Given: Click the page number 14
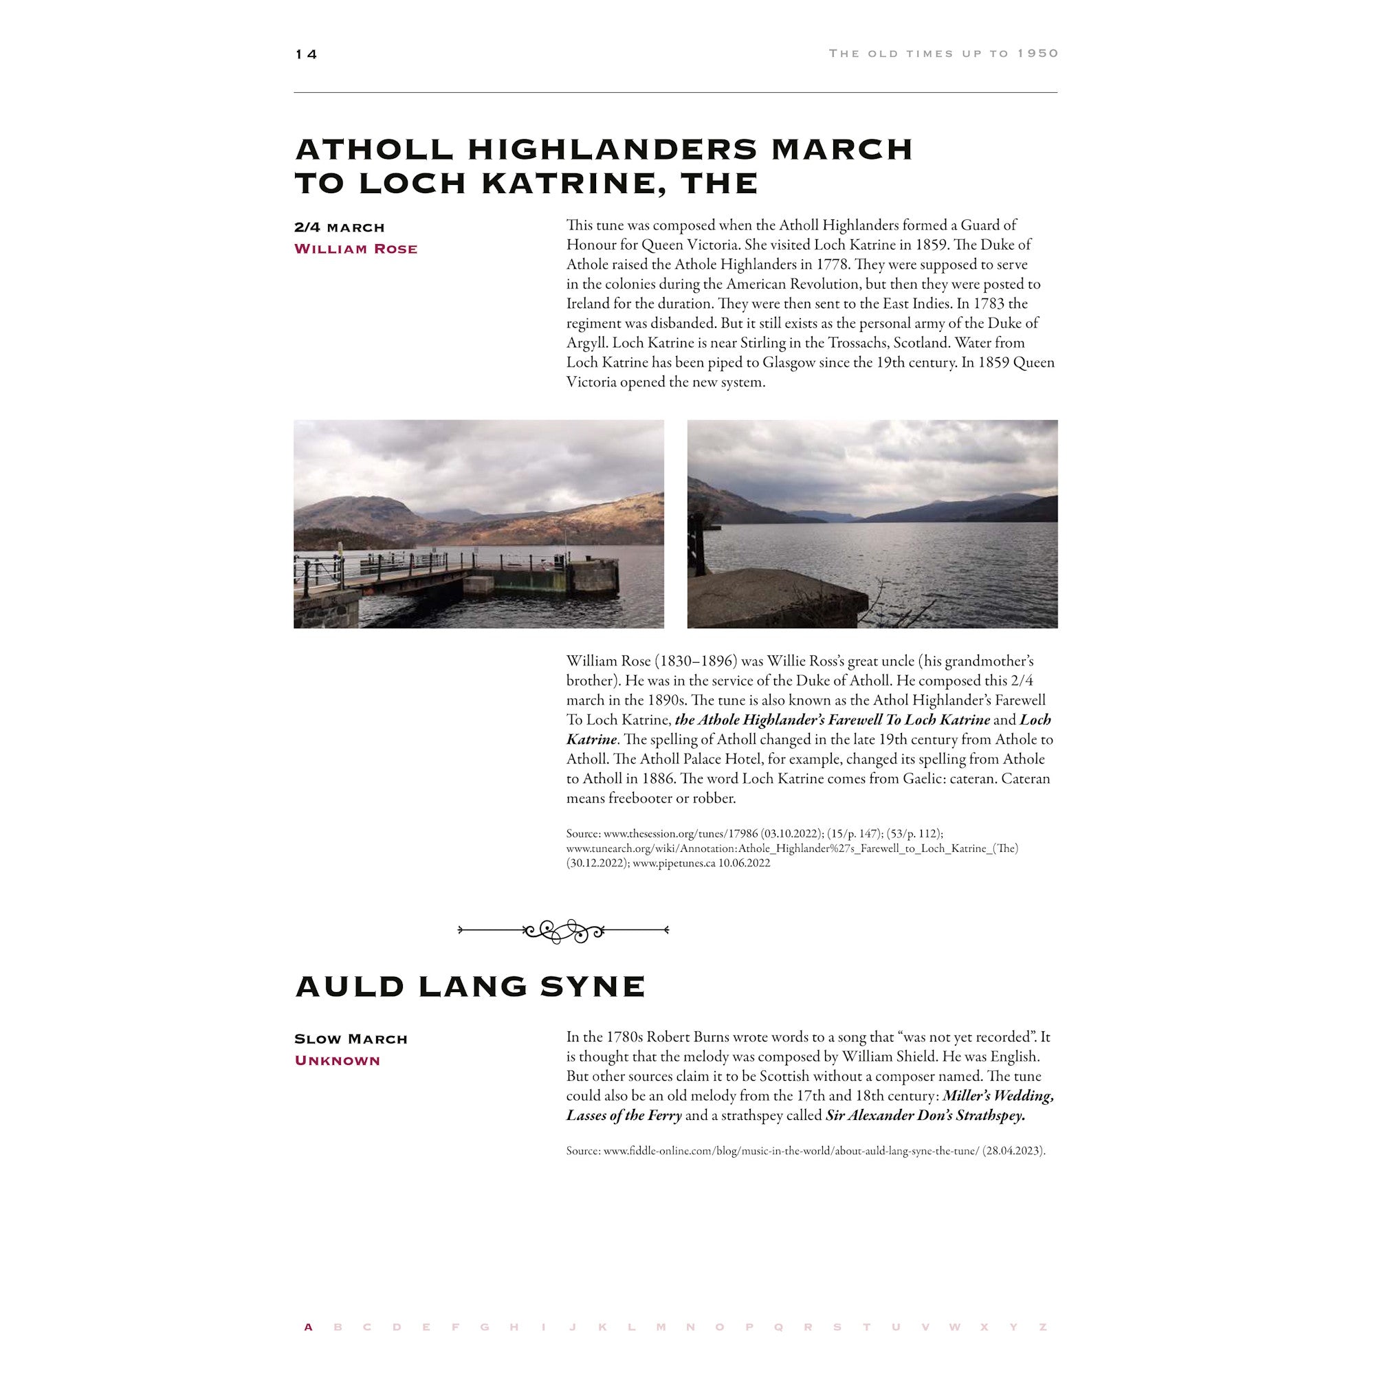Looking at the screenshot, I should [x=306, y=54].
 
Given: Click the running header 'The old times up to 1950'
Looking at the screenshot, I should [x=943, y=54].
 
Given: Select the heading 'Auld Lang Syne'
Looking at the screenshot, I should [x=470, y=986].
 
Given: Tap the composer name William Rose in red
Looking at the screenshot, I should [x=355, y=249].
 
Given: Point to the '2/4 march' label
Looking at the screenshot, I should [x=339, y=228].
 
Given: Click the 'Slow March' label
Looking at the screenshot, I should [x=350, y=1039].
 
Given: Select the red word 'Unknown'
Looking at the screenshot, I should [x=337, y=1060].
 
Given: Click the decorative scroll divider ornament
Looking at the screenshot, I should [x=563, y=929].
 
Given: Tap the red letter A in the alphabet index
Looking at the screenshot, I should [x=308, y=1327].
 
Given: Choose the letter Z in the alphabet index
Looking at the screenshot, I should [x=1043, y=1327].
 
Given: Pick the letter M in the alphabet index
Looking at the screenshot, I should [x=661, y=1327].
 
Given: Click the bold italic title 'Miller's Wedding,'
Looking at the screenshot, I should [x=998, y=1095].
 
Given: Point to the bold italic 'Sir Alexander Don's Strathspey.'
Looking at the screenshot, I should [x=925, y=1115].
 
